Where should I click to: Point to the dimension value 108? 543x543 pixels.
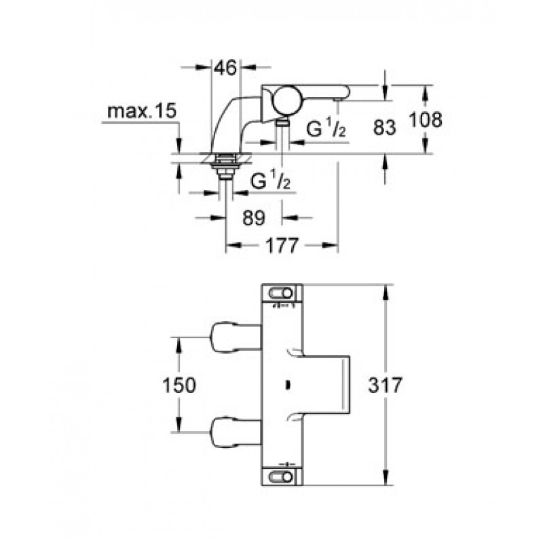click(425, 120)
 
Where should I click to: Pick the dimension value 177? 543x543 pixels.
click(282, 246)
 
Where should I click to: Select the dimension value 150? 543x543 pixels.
click(179, 385)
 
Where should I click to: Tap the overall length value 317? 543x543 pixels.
click(384, 385)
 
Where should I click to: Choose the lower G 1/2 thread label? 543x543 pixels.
click(269, 182)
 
